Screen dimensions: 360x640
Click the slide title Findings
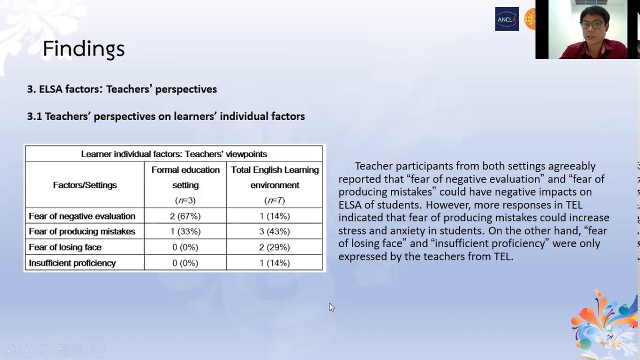pyautogui.click(x=83, y=49)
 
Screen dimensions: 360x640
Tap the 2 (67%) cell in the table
pyautogui.click(x=185, y=216)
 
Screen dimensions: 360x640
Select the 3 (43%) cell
pyautogui.click(x=274, y=231)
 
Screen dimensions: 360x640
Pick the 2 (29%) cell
pyautogui.click(x=274, y=247)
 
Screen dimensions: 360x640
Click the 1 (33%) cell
pyautogui.click(x=185, y=231)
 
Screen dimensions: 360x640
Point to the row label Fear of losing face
pyautogui.click(x=65, y=247)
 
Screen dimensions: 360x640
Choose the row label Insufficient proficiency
pyautogui.click(x=72, y=263)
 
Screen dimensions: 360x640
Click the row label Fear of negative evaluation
pyautogui.click(x=82, y=216)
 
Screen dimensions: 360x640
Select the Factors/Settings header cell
pyautogui.click(x=85, y=185)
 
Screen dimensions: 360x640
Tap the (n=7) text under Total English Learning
pyautogui.click(x=274, y=200)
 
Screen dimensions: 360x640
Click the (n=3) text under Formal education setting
pyautogui.click(x=185, y=200)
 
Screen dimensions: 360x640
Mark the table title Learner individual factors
pyautogui.click(x=174, y=154)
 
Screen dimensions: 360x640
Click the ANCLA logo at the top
pyautogui.click(x=506, y=19)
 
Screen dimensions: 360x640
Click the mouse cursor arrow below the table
pyautogui.click(x=331, y=306)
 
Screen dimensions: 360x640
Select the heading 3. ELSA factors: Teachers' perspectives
pyautogui.click(x=122, y=89)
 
